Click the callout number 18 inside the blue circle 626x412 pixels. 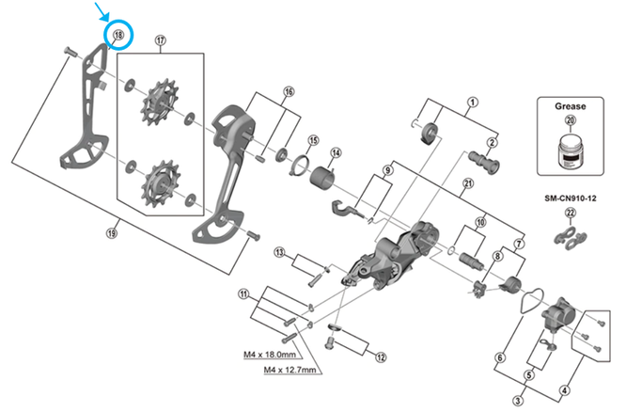pyautogui.click(x=117, y=36)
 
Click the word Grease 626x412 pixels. pyautogui.click(x=570, y=106)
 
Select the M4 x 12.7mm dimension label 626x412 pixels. pyautogui.click(x=293, y=371)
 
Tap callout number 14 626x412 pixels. pyautogui.click(x=335, y=152)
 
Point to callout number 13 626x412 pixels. pyautogui.click(x=279, y=252)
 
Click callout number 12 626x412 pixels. pyautogui.click(x=381, y=357)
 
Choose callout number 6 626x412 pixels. pyautogui.click(x=501, y=357)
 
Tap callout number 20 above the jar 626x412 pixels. pyautogui.click(x=570, y=120)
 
